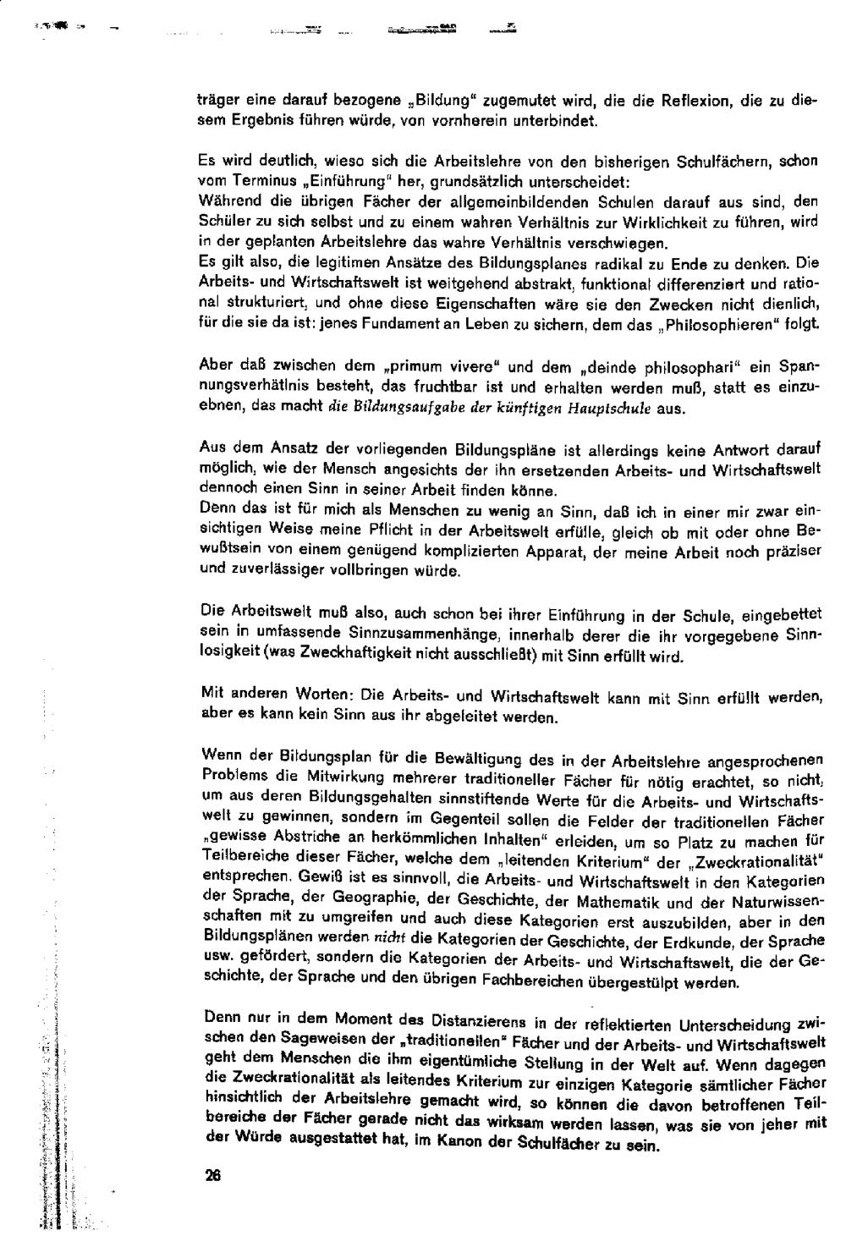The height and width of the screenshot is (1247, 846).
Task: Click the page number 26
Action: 212,1174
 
